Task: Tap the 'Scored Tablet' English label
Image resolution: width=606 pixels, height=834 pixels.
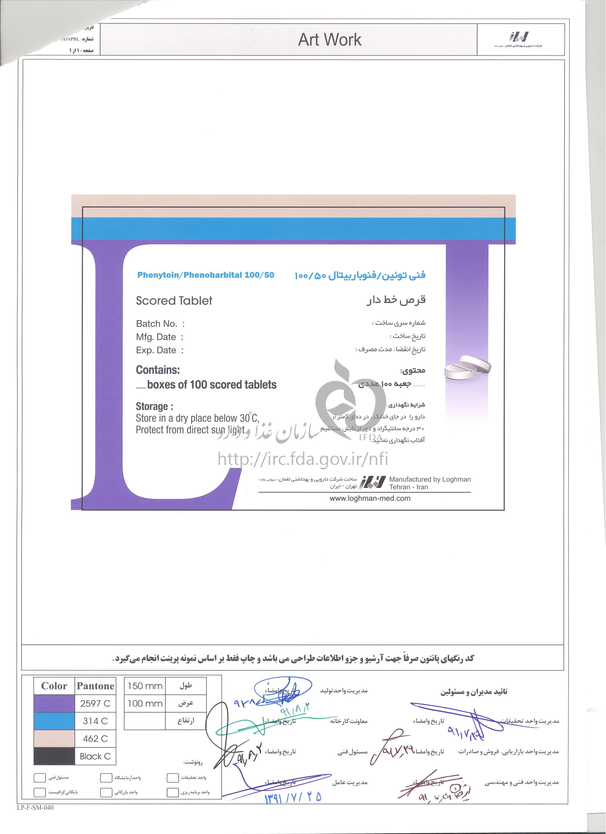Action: pos(174,301)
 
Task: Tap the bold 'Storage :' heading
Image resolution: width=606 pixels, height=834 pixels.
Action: pos(154,406)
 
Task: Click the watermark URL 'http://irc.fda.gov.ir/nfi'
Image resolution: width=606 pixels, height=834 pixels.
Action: pos(303,459)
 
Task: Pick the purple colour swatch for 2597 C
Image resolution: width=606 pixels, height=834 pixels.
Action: pos(54,704)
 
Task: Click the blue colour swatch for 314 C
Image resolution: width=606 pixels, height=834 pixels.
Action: pos(54,721)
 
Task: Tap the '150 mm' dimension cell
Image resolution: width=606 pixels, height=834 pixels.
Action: pos(145,686)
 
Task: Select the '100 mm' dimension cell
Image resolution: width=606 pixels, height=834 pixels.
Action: pos(145,704)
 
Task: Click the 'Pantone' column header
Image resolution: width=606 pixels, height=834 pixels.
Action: pos(95,686)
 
